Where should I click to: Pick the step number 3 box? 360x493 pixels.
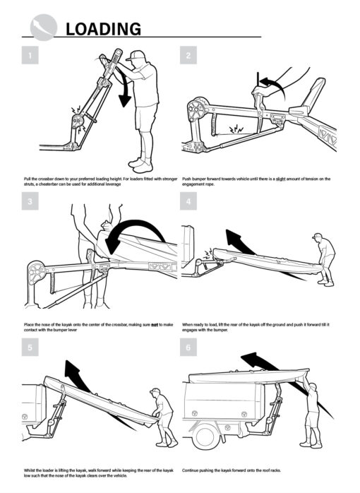pos(30,203)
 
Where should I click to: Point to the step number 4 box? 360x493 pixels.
pos(188,203)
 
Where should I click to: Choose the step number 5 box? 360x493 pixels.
pos(30,348)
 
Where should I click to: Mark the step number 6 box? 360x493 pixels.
pos(188,348)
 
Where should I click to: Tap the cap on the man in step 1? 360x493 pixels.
pos(138,54)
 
